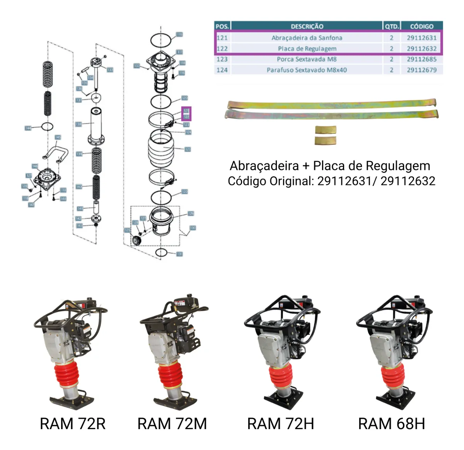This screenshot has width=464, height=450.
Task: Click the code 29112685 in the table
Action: pyautogui.click(x=421, y=59)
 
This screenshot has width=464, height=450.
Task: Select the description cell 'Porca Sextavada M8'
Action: pyautogui.click(x=307, y=59)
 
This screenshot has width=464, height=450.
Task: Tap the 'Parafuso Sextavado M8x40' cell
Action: pyautogui.click(x=307, y=70)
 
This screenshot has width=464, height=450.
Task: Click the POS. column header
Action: pyautogui.click(x=222, y=26)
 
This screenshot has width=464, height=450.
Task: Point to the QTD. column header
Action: pyautogui.click(x=391, y=26)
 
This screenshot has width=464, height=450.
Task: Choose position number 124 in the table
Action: pyautogui.click(x=222, y=70)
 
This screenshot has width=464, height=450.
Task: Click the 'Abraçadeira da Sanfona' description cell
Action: pyautogui.click(x=307, y=38)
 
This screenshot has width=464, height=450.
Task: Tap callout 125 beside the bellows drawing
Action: pyautogui.click(x=188, y=149)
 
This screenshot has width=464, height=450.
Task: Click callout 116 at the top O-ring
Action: pyautogui.click(x=179, y=34)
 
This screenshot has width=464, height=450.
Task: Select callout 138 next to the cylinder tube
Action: pyautogui.click(x=78, y=124)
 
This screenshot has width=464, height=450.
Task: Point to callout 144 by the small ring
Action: pyautogui.click(x=28, y=128)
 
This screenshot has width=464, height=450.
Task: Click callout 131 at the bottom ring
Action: pyautogui.click(x=179, y=254)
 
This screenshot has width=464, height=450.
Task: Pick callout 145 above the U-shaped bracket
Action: pyautogui.click(x=58, y=137)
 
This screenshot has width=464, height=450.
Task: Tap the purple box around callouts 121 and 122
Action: pyautogui.click(x=186, y=114)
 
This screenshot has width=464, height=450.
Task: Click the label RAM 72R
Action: pyautogui.click(x=73, y=424)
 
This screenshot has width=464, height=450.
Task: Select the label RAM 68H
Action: pyautogui.click(x=391, y=424)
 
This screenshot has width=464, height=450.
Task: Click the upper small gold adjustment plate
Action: pyautogui.click(x=325, y=130)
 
